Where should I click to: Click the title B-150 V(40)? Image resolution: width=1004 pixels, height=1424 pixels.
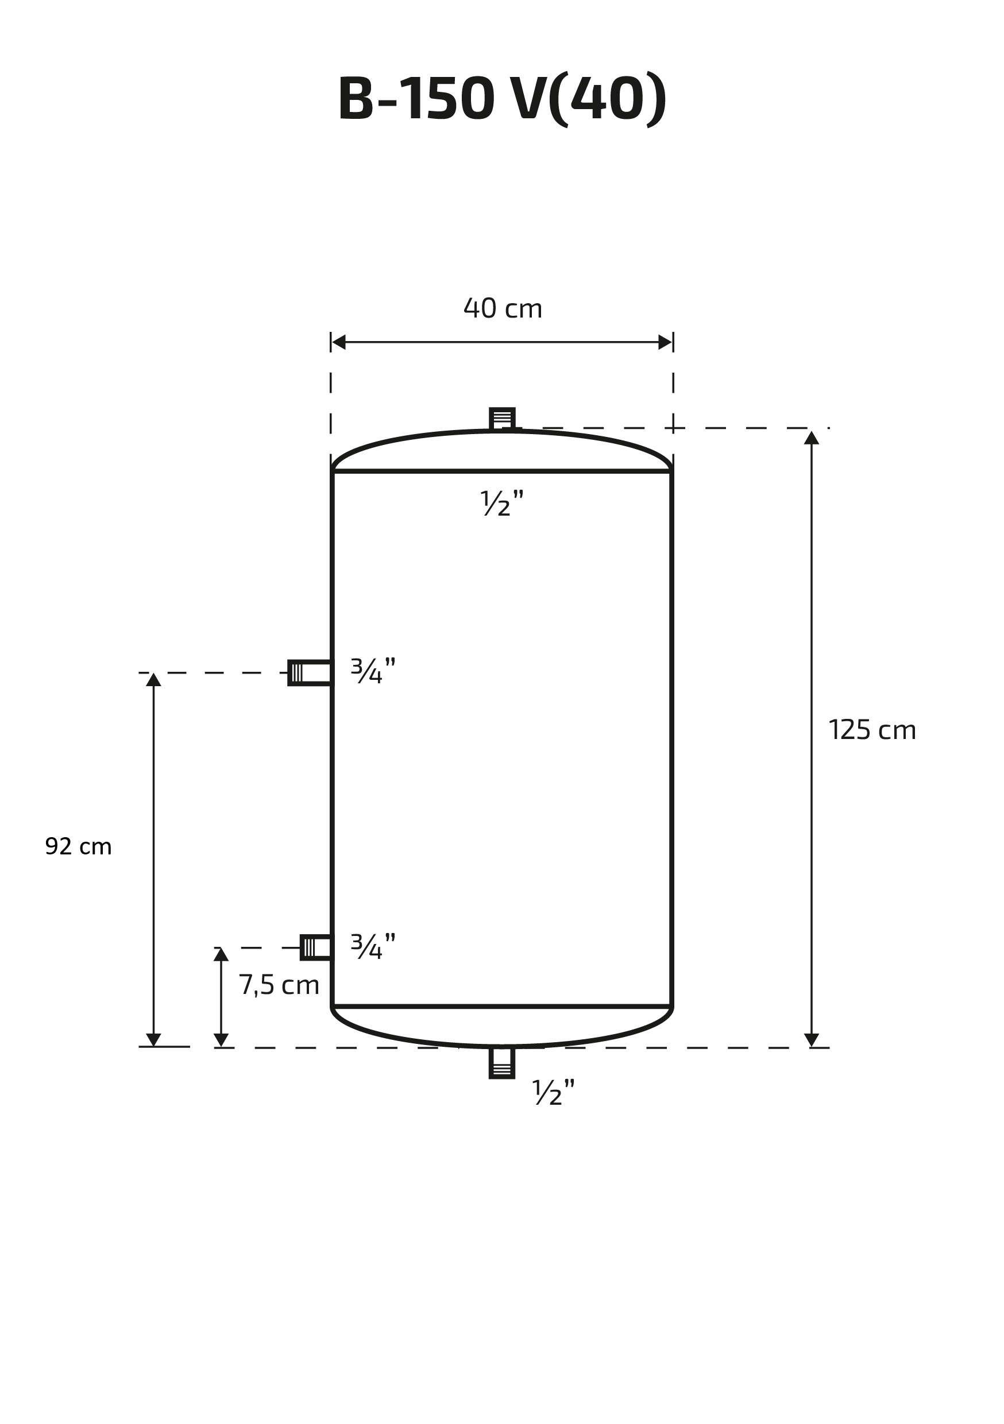click(502, 99)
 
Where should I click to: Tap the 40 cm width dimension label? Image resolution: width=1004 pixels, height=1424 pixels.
click(503, 308)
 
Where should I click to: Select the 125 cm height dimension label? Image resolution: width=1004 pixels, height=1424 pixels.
click(872, 730)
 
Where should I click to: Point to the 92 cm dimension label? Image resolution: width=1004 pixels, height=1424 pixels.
click(78, 846)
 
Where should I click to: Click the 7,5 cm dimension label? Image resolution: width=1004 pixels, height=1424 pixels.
click(279, 985)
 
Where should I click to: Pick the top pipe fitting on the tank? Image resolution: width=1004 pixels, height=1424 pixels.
click(502, 419)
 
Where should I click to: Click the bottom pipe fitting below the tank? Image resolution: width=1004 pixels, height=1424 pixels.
click(502, 1063)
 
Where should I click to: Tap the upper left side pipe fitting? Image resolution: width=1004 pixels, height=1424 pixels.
click(310, 672)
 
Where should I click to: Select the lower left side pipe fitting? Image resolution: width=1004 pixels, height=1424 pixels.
click(316, 947)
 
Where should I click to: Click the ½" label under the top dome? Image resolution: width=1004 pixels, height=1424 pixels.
click(502, 503)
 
